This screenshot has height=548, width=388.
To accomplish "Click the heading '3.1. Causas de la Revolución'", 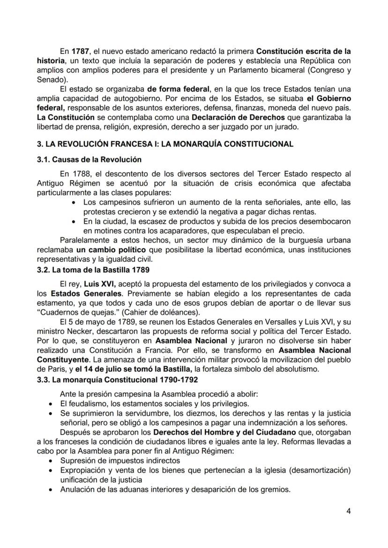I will tap(89, 160).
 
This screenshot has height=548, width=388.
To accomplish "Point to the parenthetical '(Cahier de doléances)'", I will tap(161, 312).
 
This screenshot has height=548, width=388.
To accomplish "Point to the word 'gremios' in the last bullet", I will tap(275, 490).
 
